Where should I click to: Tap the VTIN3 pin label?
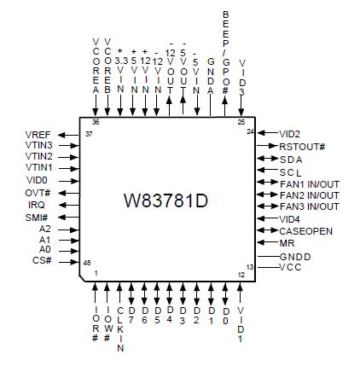[38, 146]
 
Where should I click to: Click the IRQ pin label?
[38, 205]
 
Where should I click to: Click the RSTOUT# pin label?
[304, 146]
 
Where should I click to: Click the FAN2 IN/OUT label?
[310, 195]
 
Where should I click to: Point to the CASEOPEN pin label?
[306, 230]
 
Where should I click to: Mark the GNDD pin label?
[295, 256]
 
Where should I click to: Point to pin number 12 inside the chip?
[241, 274]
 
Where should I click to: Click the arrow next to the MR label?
[265, 243]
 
